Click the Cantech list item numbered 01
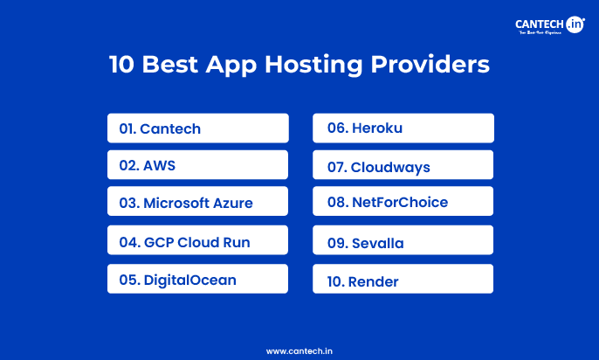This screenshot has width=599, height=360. (197, 128)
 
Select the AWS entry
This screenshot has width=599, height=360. (197, 165)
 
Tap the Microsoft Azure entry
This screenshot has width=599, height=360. (197, 203)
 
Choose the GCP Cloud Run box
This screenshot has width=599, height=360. (197, 241)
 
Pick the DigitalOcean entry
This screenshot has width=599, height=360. (197, 280)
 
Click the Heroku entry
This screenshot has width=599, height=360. (403, 128)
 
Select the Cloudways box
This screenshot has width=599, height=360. (403, 166)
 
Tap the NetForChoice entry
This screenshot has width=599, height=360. (403, 203)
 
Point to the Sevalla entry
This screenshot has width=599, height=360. (403, 241)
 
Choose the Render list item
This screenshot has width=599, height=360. (403, 280)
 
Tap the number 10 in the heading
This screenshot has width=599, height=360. (121, 65)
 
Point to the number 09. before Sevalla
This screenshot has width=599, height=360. (337, 243)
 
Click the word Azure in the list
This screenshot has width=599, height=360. (233, 204)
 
